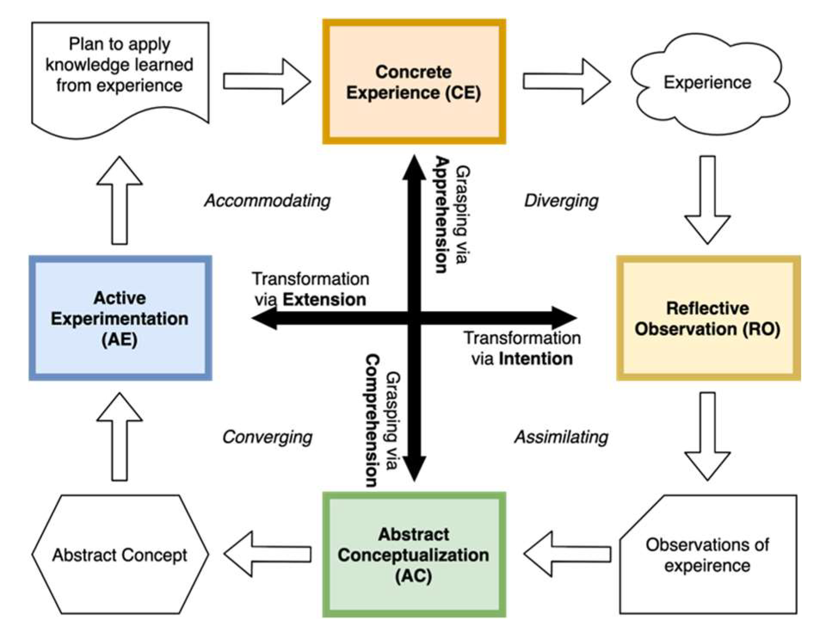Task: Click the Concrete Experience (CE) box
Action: click(414, 82)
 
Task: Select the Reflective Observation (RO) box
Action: click(708, 318)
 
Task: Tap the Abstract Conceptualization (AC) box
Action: click(414, 555)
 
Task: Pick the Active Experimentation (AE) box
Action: click(120, 318)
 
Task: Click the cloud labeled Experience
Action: click(708, 83)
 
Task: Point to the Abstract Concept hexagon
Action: click(120, 555)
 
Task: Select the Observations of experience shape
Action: click(708, 555)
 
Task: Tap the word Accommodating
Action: click(267, 200)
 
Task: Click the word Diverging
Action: click(561, 200)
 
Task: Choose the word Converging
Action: click(267, 437)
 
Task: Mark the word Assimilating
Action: click(561, 437)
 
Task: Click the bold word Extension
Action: click(324, 300)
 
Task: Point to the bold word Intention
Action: click(535, 359)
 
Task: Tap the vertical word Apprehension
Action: click(442, 215)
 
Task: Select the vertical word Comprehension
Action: click(372, 420)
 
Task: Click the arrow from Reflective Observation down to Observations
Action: click(707, 435)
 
